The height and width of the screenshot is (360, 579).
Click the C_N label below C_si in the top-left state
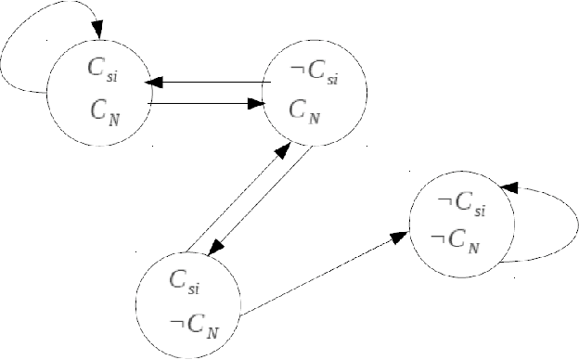tap(104, 110)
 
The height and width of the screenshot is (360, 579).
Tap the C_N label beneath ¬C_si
tap(305, 110)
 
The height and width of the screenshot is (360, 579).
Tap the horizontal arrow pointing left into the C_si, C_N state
tap(209, 82)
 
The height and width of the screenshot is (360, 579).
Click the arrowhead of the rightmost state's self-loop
tap(505, 187)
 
